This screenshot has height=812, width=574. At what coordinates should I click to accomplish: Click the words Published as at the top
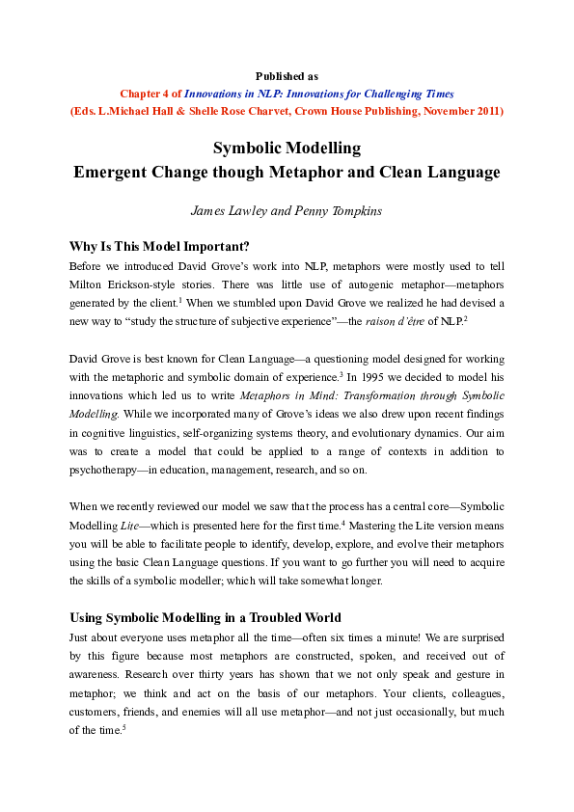coord(287,75)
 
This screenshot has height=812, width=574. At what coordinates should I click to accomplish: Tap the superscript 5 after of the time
coord(124,726)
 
